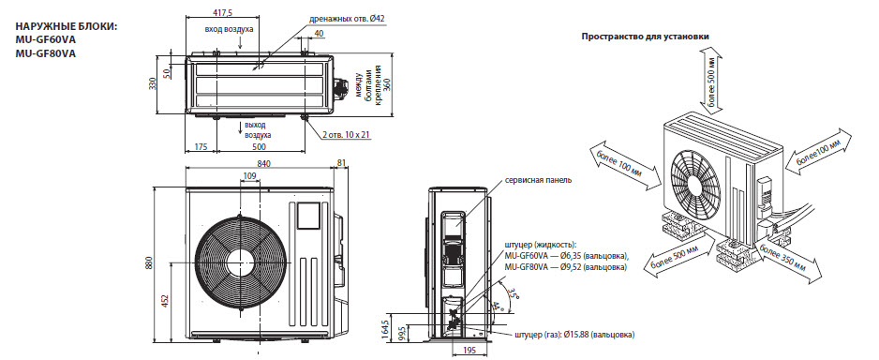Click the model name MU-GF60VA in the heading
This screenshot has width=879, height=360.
coord(46,40)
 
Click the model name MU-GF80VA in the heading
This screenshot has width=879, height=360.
coord(46,53)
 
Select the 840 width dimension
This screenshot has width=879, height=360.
coord(263,164)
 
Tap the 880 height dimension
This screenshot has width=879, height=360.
coord(149,262)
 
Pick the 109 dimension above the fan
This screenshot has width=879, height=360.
coord(250,176)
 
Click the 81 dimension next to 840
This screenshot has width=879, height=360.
coord(342,164)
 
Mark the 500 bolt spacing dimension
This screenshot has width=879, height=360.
coord(259,147)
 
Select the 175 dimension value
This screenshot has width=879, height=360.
coord(201,147)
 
